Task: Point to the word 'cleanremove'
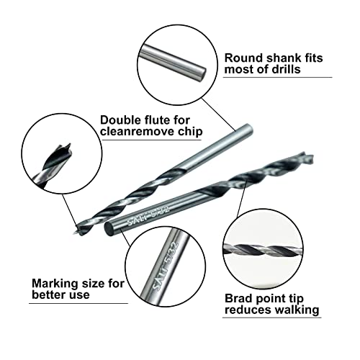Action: coord(135,132)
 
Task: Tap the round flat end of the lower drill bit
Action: coord(108,230)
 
